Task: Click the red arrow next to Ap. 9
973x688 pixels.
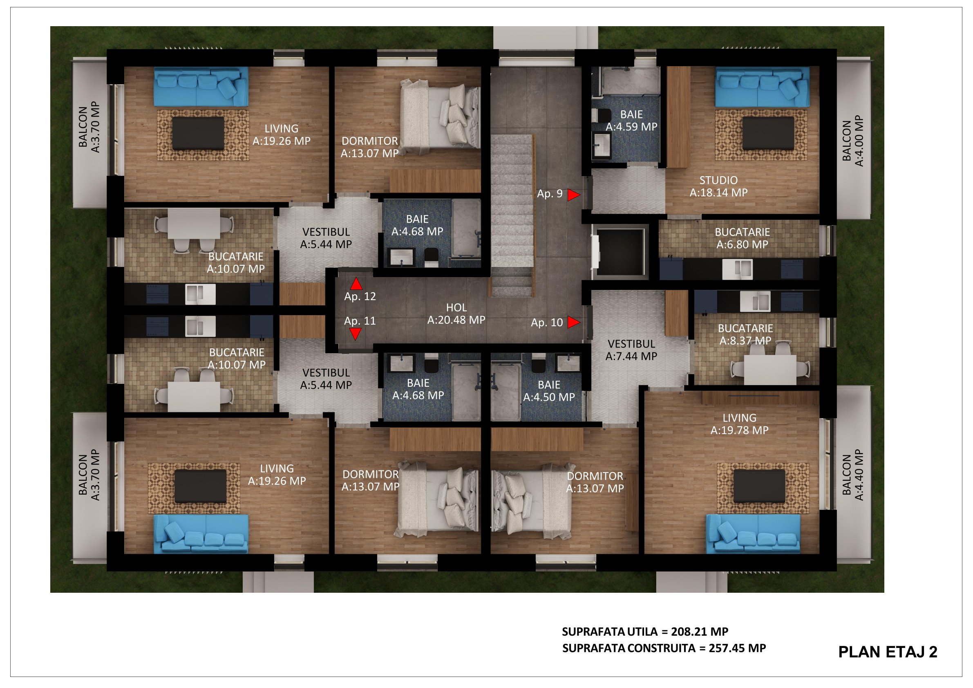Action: tap(573, 195)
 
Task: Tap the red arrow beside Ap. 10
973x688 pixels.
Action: tap(573, 322)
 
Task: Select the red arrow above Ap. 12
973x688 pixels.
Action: tap(356, 284)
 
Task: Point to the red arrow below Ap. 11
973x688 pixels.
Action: tap(355, 334)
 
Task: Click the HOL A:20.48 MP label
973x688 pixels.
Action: tap(456, 314)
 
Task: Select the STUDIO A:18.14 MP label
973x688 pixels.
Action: tap(718, 186)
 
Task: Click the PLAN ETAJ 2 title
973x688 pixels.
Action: tap(888, 652)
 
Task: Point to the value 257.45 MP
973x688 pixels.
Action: tap(737, 648)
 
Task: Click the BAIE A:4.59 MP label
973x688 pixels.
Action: tap(631, 120)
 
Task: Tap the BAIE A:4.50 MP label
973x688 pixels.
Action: tap(549, 391)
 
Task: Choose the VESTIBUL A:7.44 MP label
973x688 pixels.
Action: tap(631, 350)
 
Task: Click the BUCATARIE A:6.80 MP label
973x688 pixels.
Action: tap(742, 238)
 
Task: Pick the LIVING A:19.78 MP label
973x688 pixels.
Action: tap(739, 424)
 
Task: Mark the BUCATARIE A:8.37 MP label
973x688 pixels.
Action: tap(745, 334)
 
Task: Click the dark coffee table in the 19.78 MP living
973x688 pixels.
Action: tap(759, 486)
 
